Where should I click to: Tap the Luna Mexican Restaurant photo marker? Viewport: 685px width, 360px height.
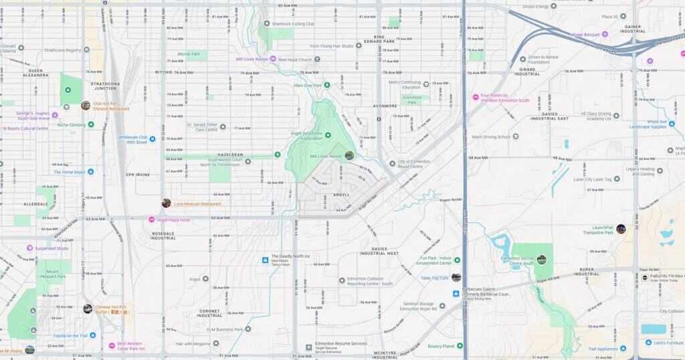tap(166, 203)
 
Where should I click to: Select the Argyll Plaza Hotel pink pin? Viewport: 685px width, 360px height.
tap(151, 219)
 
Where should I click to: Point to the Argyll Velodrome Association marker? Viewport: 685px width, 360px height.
tap(328, 135)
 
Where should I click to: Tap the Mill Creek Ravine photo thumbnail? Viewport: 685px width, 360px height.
tap(349, 155)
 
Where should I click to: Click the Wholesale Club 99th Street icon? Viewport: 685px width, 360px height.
tap(153, 139)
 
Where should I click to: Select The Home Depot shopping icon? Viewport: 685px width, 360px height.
tap(90, 171)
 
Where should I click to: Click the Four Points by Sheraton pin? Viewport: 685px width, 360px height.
tap(476, 98)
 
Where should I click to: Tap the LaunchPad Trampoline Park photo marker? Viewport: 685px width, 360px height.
tap(621, 229)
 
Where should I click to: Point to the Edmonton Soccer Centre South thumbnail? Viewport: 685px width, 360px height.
tap(541, 260)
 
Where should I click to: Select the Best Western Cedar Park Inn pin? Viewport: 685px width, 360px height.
tap(112, 346)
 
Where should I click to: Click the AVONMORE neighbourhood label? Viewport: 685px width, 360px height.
tap(385, 105)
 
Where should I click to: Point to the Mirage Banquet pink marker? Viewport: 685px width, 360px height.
tap(605, 33)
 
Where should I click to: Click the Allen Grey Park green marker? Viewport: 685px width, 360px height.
tap(327, 85)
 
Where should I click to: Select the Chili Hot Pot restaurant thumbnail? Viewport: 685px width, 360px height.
tap(86, 105)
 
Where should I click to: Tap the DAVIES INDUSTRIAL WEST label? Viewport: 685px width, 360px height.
tap(379, 251)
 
